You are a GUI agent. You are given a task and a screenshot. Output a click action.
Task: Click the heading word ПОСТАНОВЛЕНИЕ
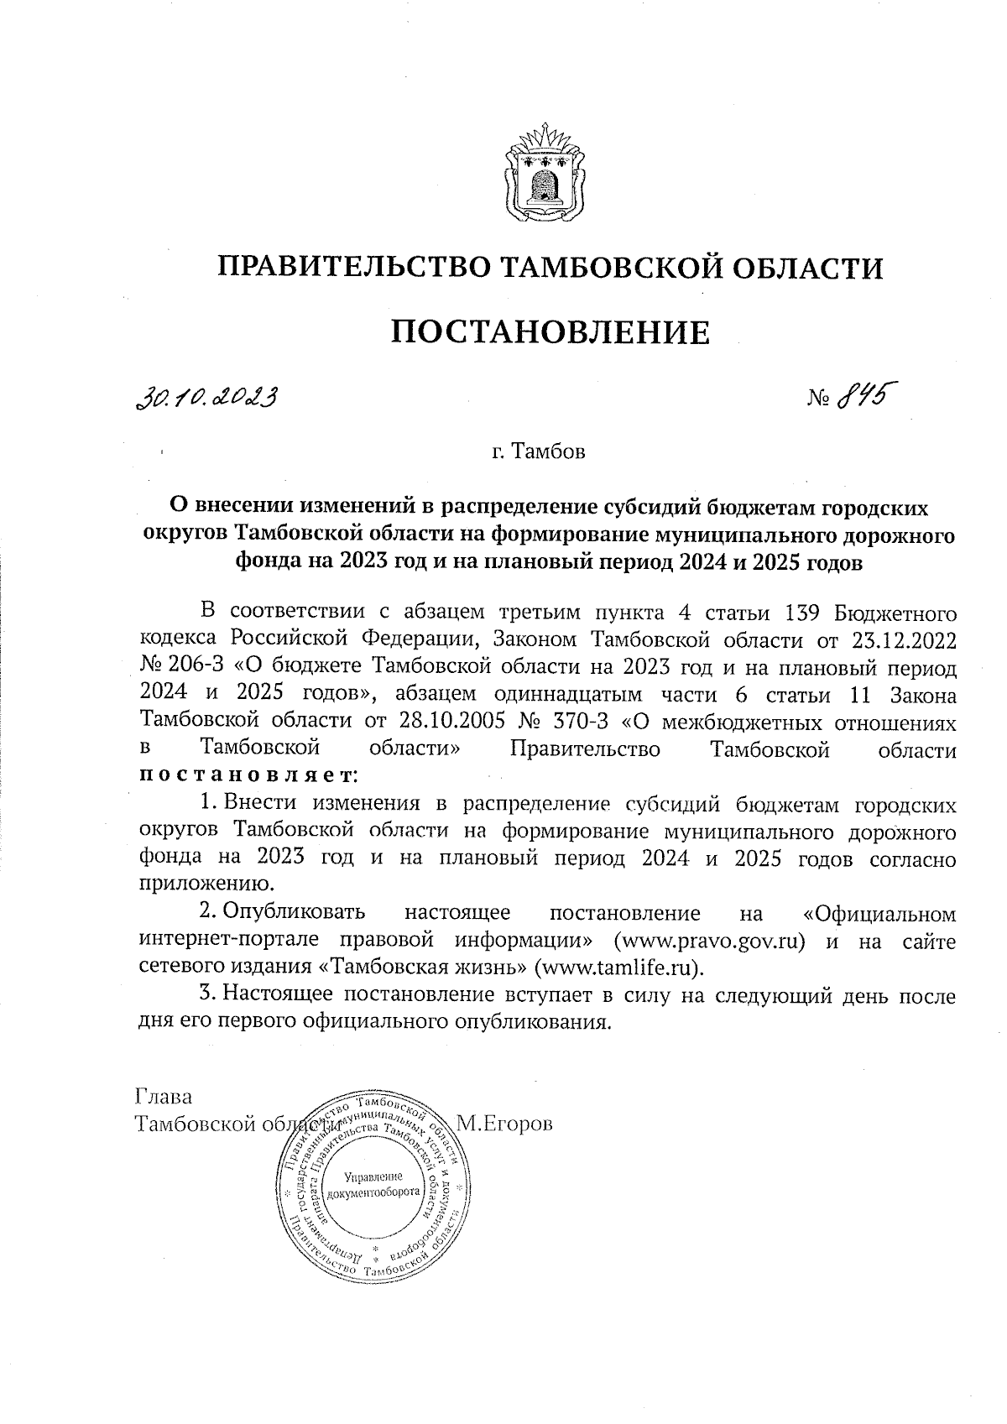tap(550, 332)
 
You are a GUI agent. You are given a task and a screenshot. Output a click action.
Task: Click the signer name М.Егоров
tap(504, 1124)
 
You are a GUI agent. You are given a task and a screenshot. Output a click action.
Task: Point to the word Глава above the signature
tap(164, 1097)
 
